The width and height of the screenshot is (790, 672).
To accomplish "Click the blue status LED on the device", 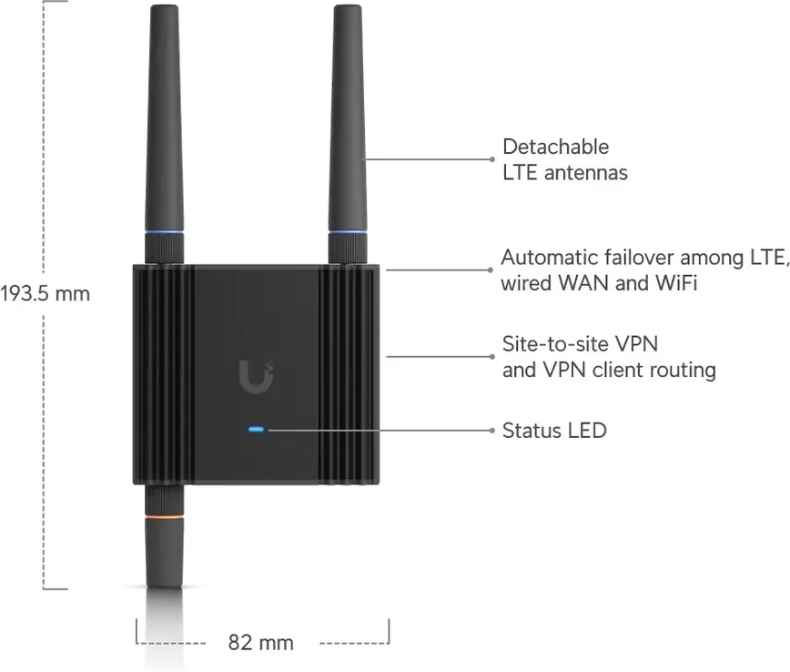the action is pos(256,430).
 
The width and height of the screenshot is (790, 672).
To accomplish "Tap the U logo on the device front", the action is pos(257,376).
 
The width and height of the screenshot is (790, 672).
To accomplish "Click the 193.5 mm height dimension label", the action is pos(45,294).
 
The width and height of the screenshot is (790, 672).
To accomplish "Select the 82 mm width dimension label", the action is pos(260,643).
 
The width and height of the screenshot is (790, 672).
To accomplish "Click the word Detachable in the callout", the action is pos(556,148).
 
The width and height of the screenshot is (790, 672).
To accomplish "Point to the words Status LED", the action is pos(554,431).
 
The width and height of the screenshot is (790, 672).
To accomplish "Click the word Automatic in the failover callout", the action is pos(549,258).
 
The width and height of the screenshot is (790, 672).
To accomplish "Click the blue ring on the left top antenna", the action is pos(164,232).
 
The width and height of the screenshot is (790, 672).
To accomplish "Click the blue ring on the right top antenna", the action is pos(348,232).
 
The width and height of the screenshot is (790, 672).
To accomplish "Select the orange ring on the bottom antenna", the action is pos(164,516).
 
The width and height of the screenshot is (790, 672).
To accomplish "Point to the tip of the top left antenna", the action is pos(164,5).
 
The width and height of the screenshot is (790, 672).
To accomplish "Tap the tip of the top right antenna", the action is pos(349,5).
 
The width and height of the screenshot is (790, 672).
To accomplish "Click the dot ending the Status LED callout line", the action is pos(492,430).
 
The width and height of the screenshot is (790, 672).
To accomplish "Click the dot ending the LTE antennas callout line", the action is pos(492,159).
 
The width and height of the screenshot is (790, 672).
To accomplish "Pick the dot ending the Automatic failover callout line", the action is pos(491,270).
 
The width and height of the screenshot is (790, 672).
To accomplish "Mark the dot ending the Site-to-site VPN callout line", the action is pos(492,357).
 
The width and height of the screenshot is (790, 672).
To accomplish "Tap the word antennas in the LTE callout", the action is pos(586,173).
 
